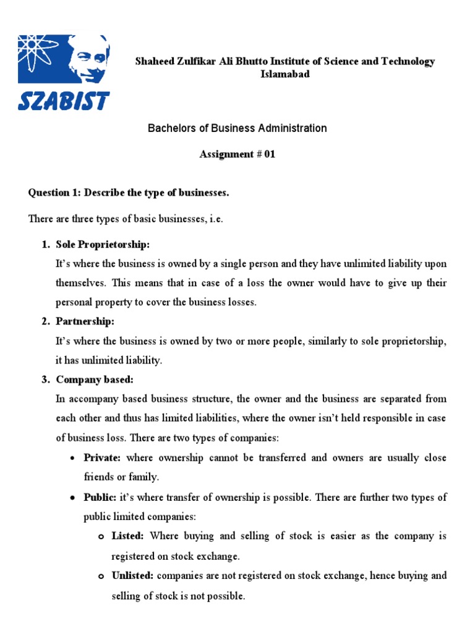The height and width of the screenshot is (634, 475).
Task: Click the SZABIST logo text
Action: point(64,100)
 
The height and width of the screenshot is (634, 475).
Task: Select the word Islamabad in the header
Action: point(285,74)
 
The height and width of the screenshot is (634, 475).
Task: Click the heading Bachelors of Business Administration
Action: point(237,129)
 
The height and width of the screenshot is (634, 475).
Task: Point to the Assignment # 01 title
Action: point(237,155)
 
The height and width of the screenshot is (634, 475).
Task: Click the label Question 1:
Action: point(55,193)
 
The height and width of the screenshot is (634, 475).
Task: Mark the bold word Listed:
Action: point(127,536)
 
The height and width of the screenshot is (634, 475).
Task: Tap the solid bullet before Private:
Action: point(72,459)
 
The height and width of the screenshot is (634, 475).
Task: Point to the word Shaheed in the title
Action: point(154,61)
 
